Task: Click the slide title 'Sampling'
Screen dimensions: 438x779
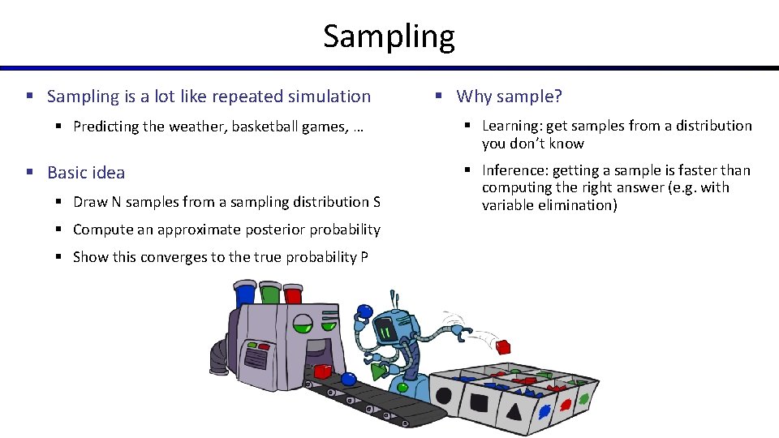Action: tap(389, 36)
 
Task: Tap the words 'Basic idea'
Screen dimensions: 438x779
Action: tap(86, 172)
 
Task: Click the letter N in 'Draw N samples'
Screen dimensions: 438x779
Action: tap(111, 202)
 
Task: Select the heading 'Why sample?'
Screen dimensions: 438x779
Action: tap(509, 97)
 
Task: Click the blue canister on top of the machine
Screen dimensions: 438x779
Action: tap(243, 293)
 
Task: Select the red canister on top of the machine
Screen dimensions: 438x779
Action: tap(293, 293)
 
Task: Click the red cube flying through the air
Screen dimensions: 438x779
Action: tap(503, 347)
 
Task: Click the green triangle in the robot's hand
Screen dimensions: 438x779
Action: tap(378, 372)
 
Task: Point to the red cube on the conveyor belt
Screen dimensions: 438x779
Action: tap(322, 371)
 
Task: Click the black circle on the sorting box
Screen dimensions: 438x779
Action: tap(444, 398)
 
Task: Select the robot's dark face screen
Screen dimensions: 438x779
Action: tap(387, 331)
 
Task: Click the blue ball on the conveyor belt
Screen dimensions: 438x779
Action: tap(348, 378)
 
